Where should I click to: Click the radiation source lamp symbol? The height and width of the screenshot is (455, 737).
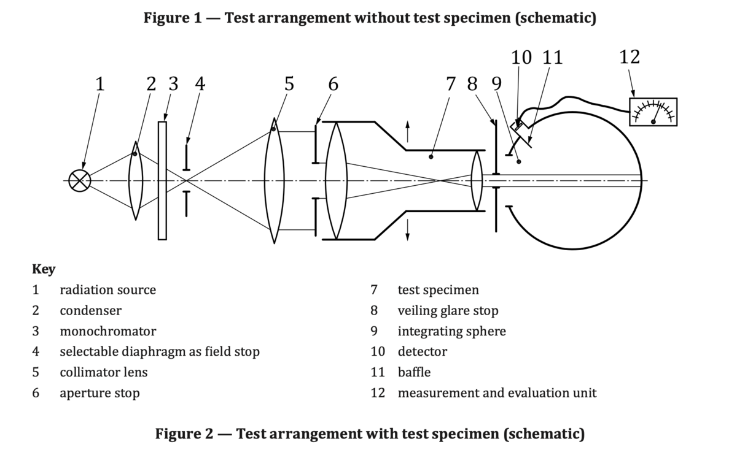pos(80,180)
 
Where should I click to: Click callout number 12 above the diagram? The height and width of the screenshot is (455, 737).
pos(630,57)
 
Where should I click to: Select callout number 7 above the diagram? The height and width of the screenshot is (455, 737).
pos(450,84)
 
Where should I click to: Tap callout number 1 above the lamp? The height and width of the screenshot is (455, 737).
pos(100,84)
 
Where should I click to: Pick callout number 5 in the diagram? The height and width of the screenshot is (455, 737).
pos(289,84)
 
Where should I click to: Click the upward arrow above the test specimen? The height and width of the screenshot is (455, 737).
pos(407,131)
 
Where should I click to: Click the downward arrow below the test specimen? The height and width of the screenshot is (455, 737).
pos(407,230)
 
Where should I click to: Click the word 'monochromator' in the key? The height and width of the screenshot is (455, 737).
pos(108,331)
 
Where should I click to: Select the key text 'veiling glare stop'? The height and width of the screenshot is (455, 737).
pos(448,310)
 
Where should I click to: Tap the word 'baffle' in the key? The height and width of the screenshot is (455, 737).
pos(414,372)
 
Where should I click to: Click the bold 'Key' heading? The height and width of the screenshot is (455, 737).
pos(44,269)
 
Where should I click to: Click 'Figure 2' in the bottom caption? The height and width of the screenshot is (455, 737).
pos(184,434)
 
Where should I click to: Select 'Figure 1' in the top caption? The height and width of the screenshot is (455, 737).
pos(173,17)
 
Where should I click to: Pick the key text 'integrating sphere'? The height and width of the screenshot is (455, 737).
pos(452,331)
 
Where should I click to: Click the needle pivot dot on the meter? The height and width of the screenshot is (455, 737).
pos(653,122)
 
